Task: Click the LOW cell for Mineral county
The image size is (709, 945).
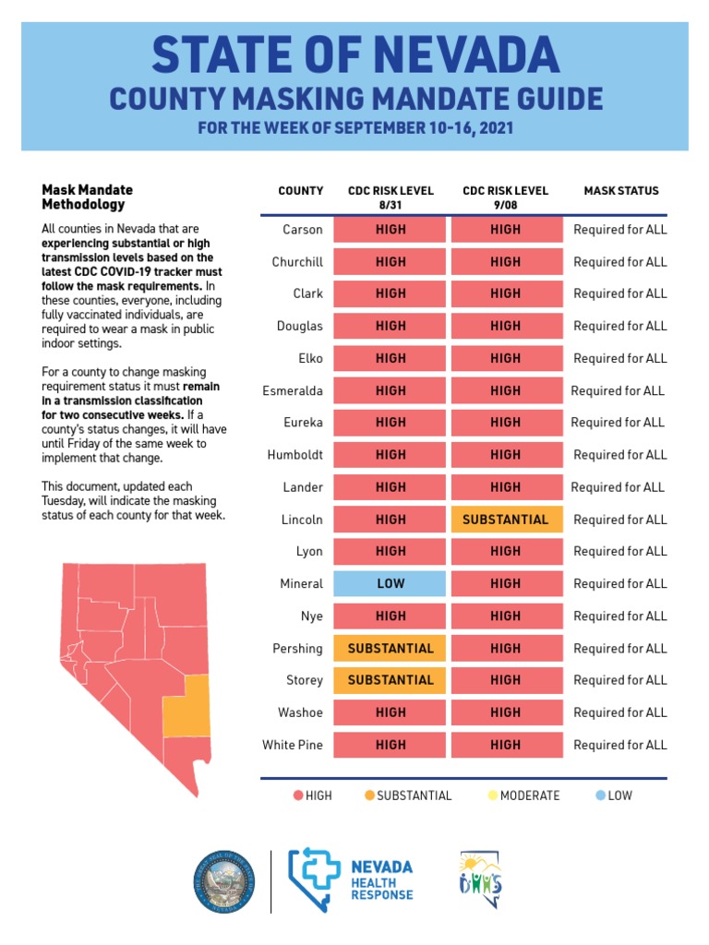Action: (391, 583)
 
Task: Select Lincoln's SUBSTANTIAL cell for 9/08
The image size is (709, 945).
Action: (506, 520)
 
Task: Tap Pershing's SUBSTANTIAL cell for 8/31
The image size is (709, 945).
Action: (391, 648)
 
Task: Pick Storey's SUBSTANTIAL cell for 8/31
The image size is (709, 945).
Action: (391, 680)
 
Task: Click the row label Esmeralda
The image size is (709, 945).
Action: (293, 390)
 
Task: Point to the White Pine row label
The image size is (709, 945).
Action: (293, 745)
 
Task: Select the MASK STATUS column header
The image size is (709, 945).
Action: (621, 191)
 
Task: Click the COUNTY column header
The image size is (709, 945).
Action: (301, 191)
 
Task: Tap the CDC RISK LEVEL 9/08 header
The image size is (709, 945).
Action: (506, 197)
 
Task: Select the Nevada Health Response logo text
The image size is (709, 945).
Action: (381, 881)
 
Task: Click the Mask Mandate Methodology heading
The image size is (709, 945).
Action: (84, 197)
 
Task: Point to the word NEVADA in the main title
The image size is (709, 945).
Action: (448, 55)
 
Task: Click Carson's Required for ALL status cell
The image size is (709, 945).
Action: (620, 229)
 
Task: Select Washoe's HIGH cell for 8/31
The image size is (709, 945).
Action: (391, 712)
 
